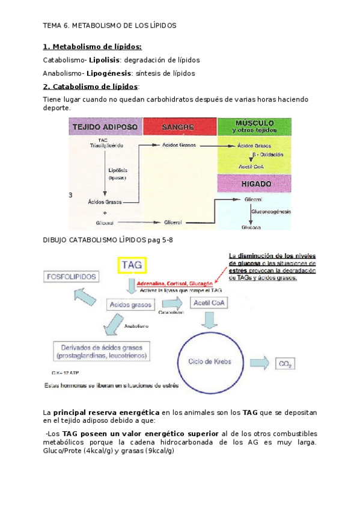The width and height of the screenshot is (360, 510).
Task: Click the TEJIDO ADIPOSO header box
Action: [x=105, y=127]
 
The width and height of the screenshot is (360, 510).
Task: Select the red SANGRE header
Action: [x=179, y=127]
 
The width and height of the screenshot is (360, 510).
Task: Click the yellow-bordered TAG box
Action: [x=132, y=265]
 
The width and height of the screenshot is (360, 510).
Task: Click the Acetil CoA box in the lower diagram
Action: [x=208, y=303]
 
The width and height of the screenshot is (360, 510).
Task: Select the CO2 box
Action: [x=285, y=363]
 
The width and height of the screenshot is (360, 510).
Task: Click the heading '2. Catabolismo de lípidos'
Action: [x=90, y=87]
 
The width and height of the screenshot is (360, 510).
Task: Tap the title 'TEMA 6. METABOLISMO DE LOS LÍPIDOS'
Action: [x=109, y=26]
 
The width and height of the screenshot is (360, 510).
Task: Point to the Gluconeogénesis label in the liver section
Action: [x=271, y=213]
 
